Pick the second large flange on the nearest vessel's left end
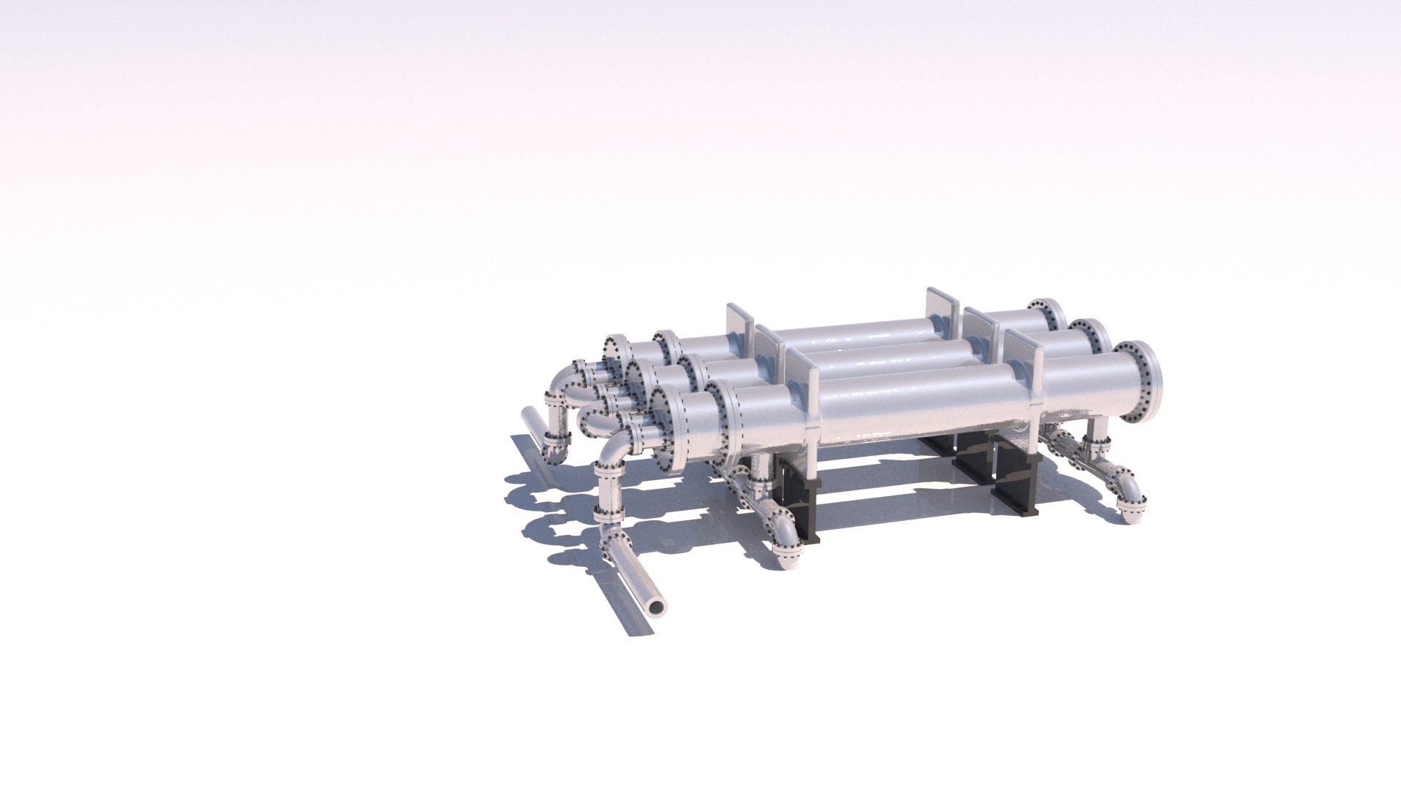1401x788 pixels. (726, 423)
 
